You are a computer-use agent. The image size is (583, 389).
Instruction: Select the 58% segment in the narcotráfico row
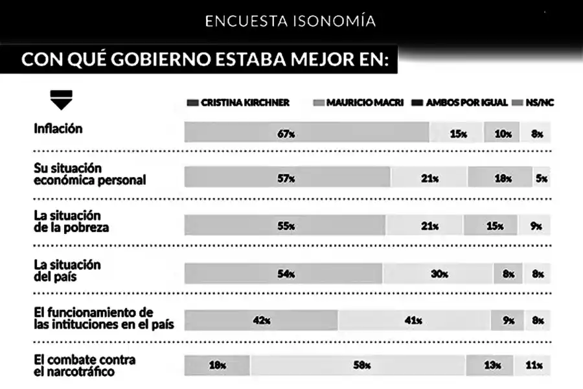(x=358, y=366)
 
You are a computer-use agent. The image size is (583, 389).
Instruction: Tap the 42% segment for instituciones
(x=261, y=320)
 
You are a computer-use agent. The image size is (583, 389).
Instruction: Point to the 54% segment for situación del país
(x=284, y=274)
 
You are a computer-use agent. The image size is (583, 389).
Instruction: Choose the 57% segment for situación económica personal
(x=287, y=178)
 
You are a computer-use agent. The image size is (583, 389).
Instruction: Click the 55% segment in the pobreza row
(x=285, y=226)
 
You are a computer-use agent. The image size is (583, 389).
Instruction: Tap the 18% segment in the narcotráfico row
(x=218, y=366)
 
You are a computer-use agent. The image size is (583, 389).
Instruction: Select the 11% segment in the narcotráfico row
(x=533, y=366)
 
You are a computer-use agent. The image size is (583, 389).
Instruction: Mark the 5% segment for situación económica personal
(x=542, y=178)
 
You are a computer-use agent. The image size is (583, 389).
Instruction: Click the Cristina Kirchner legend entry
(x=238, y=102)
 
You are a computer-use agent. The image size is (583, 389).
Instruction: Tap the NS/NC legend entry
(x=534, y=102)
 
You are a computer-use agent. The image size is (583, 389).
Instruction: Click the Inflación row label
(x=58, y=128)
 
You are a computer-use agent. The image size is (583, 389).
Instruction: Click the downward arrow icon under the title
(x=61, y=100)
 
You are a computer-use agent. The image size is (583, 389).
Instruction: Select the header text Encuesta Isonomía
(x=290, y=21)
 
